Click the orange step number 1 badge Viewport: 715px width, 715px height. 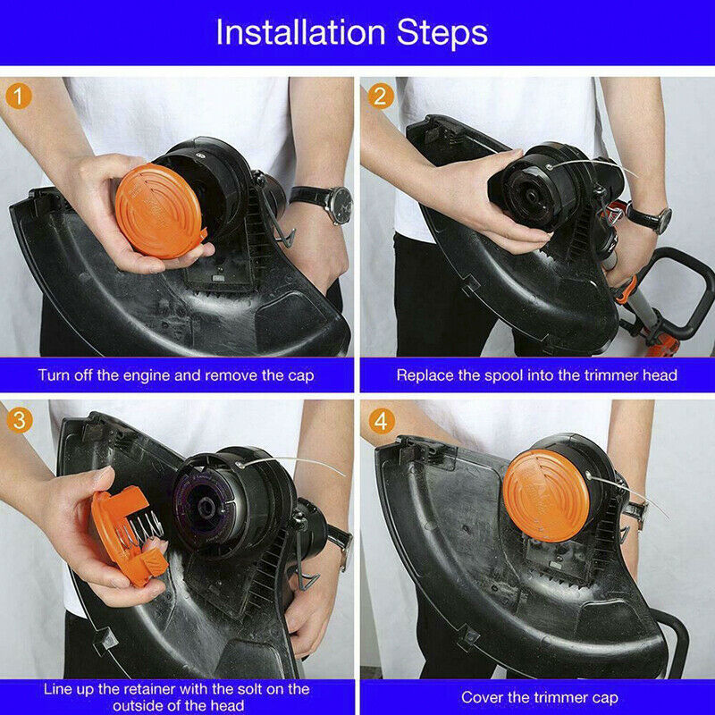18,97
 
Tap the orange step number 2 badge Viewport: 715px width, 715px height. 381,97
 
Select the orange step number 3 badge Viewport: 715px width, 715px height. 19,420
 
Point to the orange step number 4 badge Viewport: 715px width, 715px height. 381,421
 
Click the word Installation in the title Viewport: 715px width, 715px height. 300,32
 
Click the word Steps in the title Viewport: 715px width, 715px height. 442,33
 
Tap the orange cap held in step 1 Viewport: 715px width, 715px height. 158,211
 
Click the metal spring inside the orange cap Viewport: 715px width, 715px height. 140,528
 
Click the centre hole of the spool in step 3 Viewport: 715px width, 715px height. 206,506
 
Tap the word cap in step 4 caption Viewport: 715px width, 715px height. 606,698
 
